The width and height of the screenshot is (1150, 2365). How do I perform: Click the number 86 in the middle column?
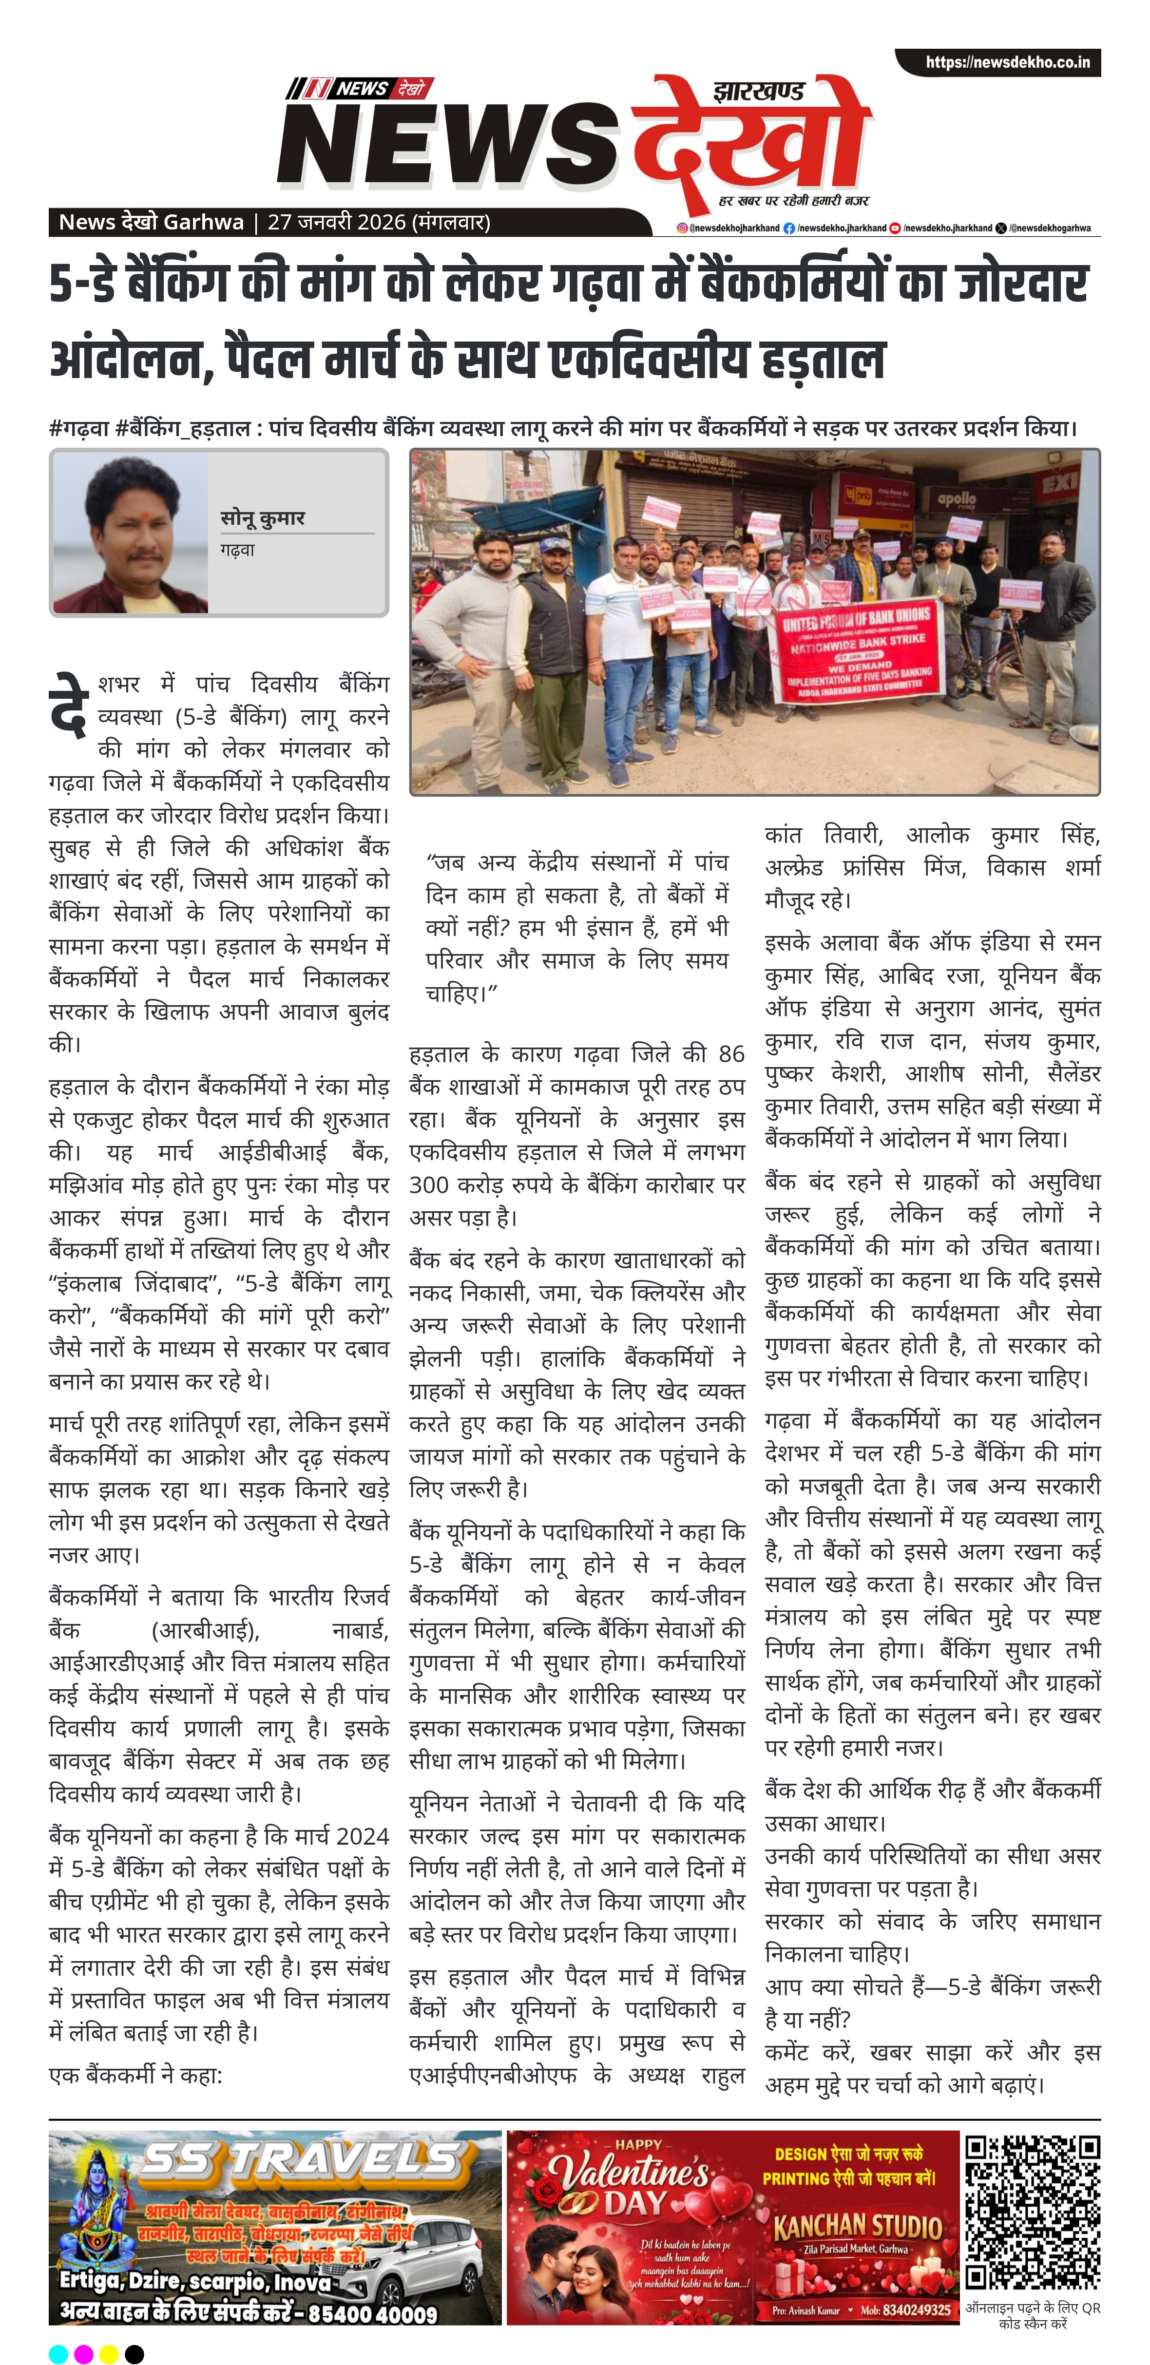pyautogui.click(x=731, y=1054)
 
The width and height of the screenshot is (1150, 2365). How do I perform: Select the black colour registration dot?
pyautogui.click(x=134, y=2353)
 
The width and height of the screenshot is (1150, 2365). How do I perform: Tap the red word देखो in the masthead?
pyautogui.click(x=753, y=138)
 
